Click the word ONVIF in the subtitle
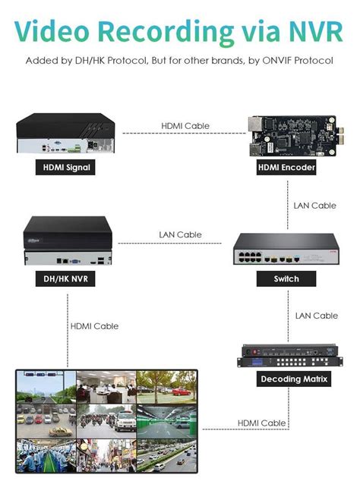pos(264,61)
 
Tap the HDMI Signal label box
pos(65,168)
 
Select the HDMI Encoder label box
pos(286,168)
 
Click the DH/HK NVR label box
pos(65,278)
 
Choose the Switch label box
pos(286,278)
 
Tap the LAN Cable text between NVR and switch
pos(180,234)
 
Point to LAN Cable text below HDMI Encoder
pos(315,205)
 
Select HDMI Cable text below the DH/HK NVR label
pos(94,326)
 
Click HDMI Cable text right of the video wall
pos(261,423)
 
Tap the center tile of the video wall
pos(106,420)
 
